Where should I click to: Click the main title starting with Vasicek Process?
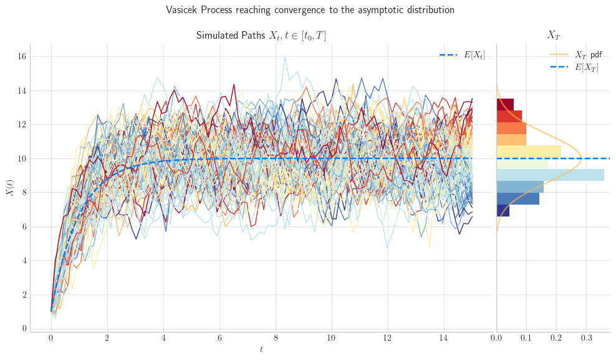point(310,10)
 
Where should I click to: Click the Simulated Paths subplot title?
point(261,36)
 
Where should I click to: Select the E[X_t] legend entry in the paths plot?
point(462,55)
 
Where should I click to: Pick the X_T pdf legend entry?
point(575,55)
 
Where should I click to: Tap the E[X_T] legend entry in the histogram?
point(574,67)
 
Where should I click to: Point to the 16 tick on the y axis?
point(22,57)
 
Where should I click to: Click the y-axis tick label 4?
point(24,261)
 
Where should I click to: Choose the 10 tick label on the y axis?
point(22,158)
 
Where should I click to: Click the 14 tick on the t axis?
point(444,338)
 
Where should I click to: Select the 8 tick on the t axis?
point(276,338)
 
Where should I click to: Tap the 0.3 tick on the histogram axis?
point(587,338)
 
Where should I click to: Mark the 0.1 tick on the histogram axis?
point(526,338)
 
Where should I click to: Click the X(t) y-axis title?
point(10,187)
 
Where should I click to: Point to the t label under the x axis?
point(261,349)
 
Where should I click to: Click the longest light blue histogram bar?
point(551,175)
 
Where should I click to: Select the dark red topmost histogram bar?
point(505,105)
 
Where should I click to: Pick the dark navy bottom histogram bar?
point(503,210)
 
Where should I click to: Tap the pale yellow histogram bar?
point(529,152)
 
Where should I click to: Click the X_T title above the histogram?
point(554,36)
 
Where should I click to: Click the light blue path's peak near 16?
point(285,57)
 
